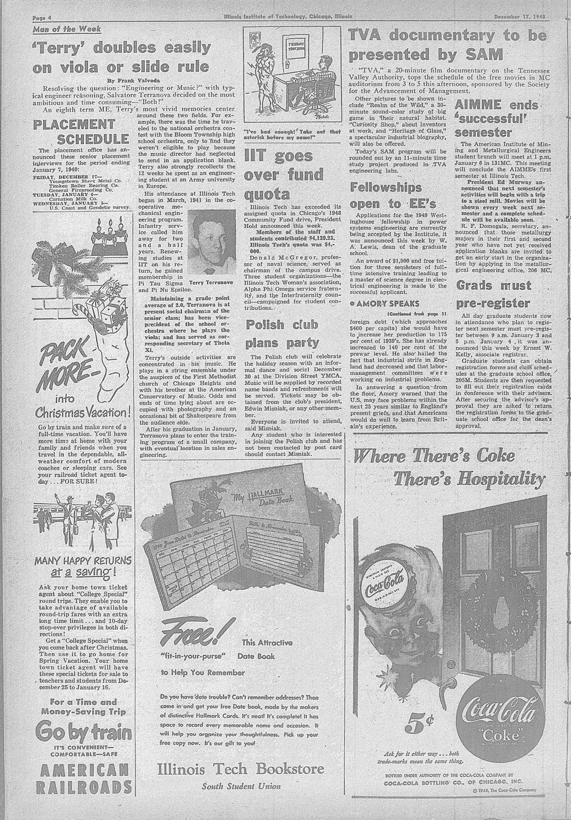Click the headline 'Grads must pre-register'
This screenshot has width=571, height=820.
493,294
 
